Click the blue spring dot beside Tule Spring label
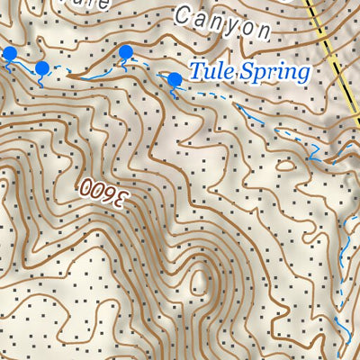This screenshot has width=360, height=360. pyautogui.click(x=175, y=81)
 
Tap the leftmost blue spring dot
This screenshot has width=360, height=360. pyautogui.click(x=10, y=55)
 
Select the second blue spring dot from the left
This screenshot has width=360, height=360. pyautogui.click(x=41, y=68)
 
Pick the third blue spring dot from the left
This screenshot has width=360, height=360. pyautogui.click(x=126, y=52)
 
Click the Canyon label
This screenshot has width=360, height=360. pyautogui.click(x=221, y=23)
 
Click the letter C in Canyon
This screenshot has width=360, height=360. pyautogui.click(x=184, y=14)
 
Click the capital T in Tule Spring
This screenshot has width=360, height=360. pyautogui.click(x=195, y=71)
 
